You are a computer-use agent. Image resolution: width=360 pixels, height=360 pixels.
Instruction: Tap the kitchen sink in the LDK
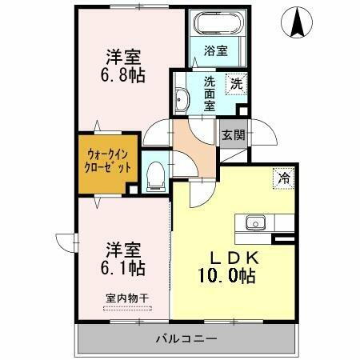point(256,222)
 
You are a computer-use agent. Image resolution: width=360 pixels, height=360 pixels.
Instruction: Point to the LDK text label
point(232,258)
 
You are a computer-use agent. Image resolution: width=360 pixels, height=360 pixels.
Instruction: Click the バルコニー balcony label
point(186,340)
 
